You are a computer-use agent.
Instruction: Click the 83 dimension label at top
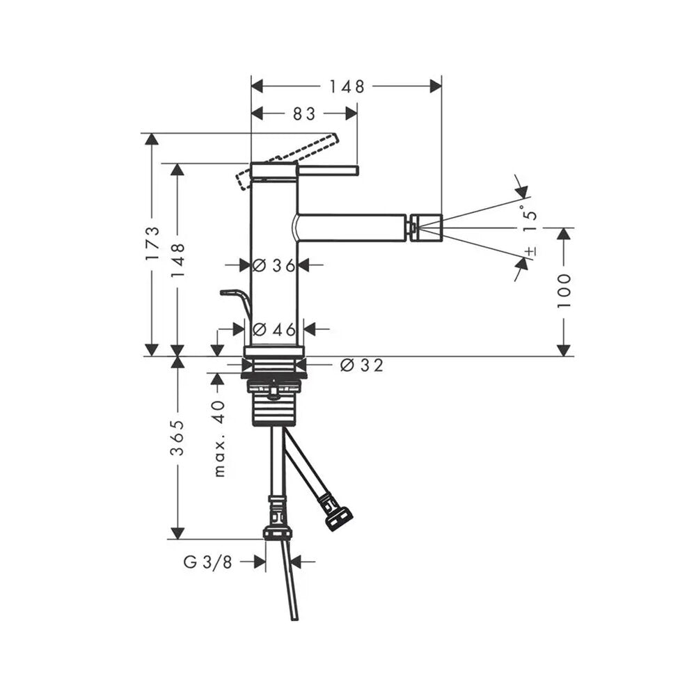[x=304, y=114]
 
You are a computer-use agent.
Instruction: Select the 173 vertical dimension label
[x=152, y=244]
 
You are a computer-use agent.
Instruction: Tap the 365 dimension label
[x=177, y=438]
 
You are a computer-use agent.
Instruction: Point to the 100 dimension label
[x=564, y=291]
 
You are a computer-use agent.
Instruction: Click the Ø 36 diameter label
[x=274, y=265]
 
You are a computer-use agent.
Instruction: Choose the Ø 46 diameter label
[x=274, y=329]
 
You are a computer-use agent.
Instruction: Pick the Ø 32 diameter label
[x=361, y=365]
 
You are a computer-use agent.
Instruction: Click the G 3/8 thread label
[x=207, y=562]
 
